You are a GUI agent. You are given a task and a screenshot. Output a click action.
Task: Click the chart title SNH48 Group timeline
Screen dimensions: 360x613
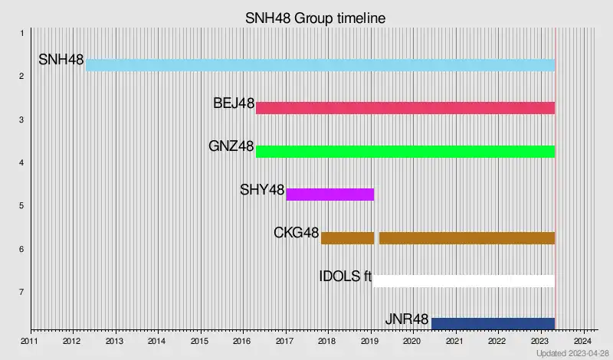(x=315, y=18)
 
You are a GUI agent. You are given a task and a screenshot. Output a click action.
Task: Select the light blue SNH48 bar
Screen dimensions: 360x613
(x=320, y=65)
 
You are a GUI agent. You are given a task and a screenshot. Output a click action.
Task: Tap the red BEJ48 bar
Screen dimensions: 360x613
(x=405, y=108)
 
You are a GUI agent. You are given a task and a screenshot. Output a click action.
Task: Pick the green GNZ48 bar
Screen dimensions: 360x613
(x=405, y=151)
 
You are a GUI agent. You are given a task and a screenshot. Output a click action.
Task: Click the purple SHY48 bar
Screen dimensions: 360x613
(x=330, y=195)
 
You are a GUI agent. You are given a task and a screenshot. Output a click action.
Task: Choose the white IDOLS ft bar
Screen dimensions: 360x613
(x=464, y=280)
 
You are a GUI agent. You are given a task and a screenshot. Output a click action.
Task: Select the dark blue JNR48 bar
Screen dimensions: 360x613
(x=493, y=323)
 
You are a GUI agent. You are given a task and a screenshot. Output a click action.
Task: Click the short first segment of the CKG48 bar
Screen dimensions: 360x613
(x=347, y=237)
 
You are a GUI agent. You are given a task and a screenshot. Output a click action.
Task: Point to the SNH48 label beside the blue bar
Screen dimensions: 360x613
(x=61, y=60)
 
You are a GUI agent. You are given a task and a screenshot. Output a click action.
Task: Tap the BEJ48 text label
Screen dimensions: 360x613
(x=234, y=103)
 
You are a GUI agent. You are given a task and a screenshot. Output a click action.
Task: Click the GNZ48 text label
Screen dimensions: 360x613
(x=231, y=146)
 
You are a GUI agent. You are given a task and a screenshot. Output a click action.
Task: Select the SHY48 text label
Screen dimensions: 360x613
(x=262, y=190)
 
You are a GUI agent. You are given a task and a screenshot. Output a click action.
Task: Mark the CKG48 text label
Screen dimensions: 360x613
(x=297, y=233)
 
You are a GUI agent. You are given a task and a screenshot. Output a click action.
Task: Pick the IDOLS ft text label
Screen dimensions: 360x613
(x=346, y=276)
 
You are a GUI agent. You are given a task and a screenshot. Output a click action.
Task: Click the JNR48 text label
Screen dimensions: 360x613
(x=407, y=319)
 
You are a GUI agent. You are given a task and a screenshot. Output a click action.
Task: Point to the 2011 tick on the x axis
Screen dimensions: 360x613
(x=29, y=341)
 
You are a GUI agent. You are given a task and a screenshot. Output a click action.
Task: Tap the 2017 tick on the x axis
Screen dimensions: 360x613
(x=284, y=341)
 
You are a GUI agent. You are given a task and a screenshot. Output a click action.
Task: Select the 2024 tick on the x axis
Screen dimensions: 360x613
(x=582, y=341)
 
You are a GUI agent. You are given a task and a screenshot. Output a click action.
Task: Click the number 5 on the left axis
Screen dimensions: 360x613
(x=22, y=205)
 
